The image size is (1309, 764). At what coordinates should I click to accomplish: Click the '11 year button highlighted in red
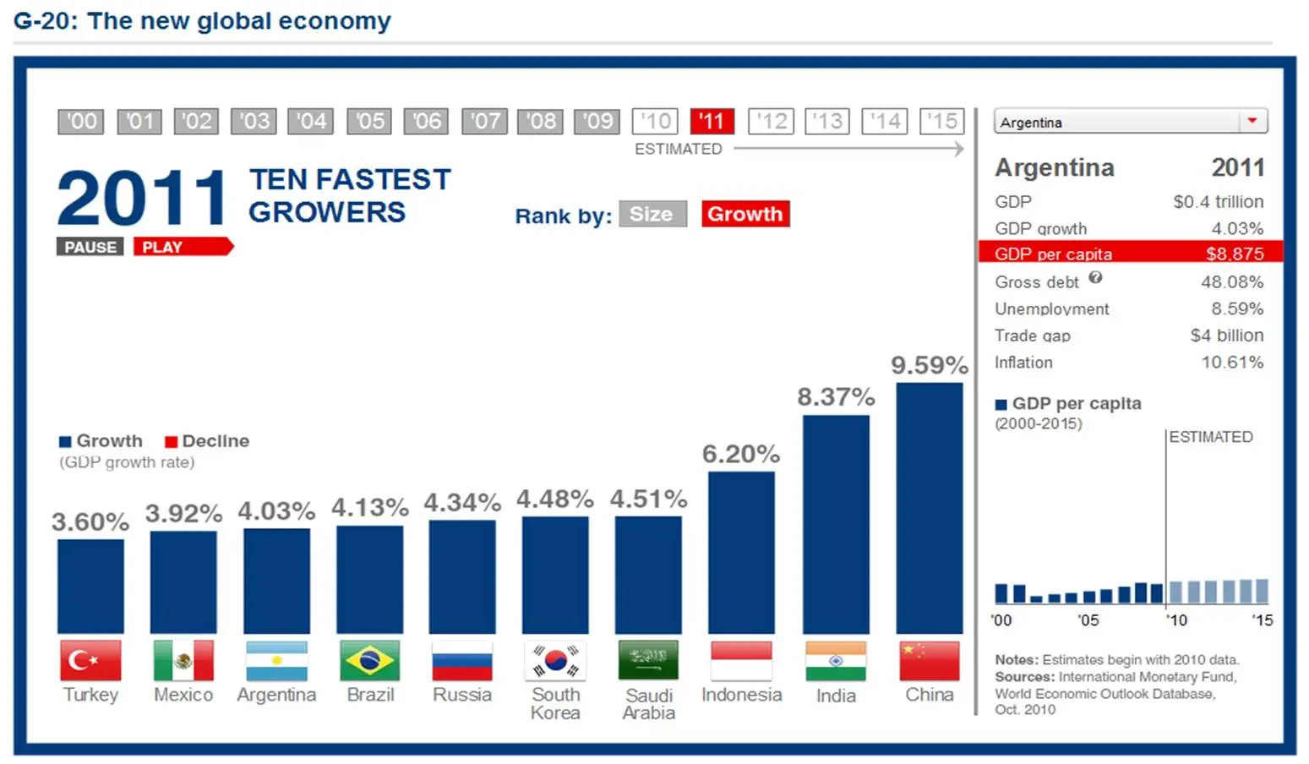coord(712,122)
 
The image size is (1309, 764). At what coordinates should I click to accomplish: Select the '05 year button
coord(369,122)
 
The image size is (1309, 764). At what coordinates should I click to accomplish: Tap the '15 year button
coord(941,122)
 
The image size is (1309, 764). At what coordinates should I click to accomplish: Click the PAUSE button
coord(90,247)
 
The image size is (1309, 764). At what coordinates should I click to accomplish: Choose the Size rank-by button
coord(652,214)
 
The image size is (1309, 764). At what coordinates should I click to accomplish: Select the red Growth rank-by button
coord(744,214)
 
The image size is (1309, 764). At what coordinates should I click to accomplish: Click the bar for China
coord(929,507)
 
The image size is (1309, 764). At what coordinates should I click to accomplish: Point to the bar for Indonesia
coord(741,552)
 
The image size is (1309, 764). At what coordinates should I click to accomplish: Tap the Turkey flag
coord(90,660)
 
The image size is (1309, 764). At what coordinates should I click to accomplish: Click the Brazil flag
coord(370,660)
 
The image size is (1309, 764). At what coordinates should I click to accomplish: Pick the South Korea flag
coord(555,660)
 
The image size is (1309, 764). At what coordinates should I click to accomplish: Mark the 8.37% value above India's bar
coord(836,396)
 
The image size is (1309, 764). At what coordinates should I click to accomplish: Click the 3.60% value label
coord(90,521)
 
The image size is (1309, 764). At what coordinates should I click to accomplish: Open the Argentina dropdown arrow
coord(1252,121)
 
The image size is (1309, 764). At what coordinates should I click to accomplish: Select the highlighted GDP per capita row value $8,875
coord(1234,254)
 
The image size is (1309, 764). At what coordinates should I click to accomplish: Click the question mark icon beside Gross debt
coord(1095,277)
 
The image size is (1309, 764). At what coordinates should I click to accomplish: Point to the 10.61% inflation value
coord(1232,363)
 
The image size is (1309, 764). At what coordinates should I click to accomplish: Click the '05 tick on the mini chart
coord(1088,619)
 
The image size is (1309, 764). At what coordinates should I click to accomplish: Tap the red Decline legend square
coord(171,441)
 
